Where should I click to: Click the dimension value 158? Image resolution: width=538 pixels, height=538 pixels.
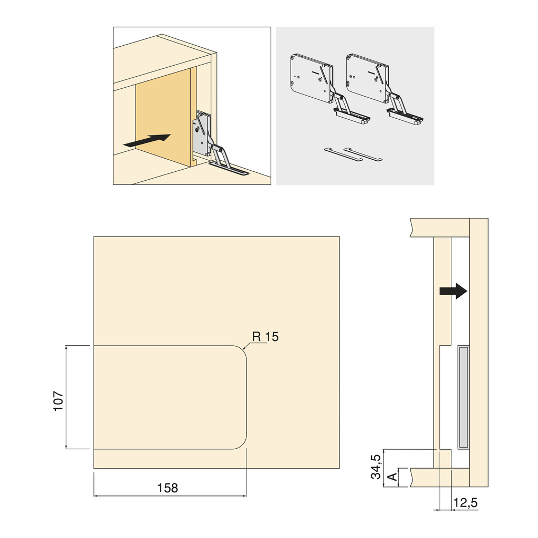(168, 488)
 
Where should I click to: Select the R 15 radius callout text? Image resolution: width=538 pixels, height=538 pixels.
(265, 337)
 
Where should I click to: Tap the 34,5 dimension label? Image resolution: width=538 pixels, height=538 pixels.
(376, 467)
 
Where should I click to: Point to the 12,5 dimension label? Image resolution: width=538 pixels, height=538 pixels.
(465, 503)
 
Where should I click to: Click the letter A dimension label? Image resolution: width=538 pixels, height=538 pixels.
(391, 478)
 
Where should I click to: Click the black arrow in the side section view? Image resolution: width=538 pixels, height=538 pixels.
(453, 291)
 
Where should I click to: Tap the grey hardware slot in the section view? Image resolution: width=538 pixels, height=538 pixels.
(463, 397)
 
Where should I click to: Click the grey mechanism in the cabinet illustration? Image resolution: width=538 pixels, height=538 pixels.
(202, 134)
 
